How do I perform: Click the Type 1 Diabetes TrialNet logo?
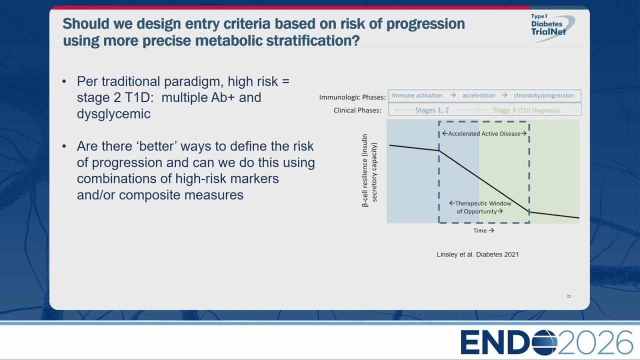551,27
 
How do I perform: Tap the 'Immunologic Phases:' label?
352,97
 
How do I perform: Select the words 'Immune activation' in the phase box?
417,95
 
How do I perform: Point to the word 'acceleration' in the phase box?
478,95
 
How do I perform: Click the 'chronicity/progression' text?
543,95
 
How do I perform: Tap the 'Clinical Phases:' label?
357,110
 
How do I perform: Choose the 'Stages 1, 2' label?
432,110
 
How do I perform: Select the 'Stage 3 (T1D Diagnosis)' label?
526,110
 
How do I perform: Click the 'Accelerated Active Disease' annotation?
484,133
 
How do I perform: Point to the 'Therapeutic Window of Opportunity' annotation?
480,207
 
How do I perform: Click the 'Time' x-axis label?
483,230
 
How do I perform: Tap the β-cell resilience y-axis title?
369,170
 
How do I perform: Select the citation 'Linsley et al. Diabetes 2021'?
477,254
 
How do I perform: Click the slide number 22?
568,296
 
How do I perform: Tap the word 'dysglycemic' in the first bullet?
113,114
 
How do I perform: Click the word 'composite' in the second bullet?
149,195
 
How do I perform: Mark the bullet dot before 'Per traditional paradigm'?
64,81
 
